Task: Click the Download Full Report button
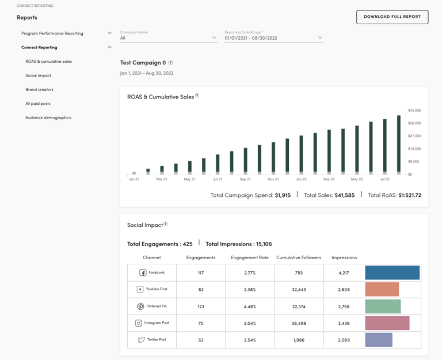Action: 393,17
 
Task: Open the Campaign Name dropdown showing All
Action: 168,38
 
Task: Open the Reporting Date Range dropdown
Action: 273,38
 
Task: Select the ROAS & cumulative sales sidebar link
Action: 48,61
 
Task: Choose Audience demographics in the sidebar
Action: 48,118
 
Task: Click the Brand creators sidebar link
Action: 39,89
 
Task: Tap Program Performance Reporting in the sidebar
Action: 52,33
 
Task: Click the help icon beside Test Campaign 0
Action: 170,62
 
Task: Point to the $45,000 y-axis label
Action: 414,110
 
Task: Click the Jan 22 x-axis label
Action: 300,179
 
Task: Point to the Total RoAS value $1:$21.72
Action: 410,195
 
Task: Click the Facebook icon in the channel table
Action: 143,272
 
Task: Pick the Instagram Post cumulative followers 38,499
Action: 298,323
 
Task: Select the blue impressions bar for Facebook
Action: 392,272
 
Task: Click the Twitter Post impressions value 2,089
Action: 344,340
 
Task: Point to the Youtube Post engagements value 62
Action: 201,289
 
